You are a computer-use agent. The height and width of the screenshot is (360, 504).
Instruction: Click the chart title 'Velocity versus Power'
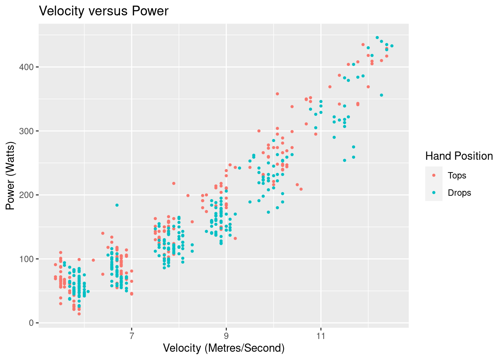(104, 11)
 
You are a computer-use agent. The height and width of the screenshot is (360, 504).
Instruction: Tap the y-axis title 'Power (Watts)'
(10, 175)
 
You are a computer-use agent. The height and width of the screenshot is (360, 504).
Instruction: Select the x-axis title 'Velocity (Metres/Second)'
(223, 348)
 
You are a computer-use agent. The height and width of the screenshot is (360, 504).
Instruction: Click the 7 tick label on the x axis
(132, 336)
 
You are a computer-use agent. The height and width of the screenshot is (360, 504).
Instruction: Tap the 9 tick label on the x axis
(226, 336)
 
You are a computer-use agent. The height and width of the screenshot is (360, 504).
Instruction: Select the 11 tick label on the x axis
(321, 336)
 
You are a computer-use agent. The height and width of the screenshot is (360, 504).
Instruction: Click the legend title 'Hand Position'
(459, 156)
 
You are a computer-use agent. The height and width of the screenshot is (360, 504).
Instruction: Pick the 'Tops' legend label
(457, 175)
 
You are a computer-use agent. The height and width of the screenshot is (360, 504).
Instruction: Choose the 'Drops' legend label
(459, 193)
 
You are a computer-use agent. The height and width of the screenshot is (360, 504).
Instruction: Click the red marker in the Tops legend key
(434, 175)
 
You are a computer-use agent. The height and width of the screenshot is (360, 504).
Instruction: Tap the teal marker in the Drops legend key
(434, 193)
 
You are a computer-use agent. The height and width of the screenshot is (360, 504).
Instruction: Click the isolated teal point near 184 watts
(117, 205)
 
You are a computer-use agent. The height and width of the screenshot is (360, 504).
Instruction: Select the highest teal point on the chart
(377, 37)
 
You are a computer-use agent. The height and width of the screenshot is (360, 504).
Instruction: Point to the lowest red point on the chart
(79, 314)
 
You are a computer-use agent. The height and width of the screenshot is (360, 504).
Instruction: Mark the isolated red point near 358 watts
(277, 94)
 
